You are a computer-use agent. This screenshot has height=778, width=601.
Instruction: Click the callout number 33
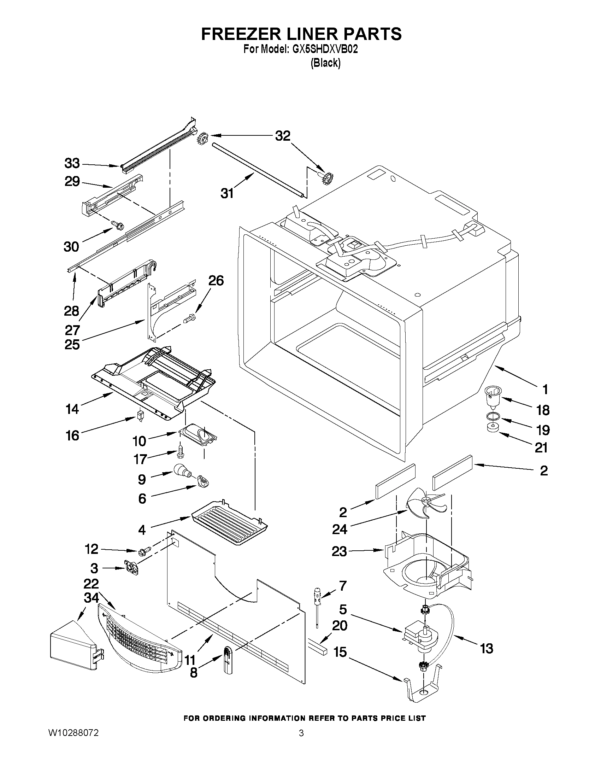click(x=72, y=164)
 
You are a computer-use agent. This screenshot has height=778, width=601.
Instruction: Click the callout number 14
click(x=72, y=409)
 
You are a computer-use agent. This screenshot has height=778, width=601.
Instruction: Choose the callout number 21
click(x=542, y=448)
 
